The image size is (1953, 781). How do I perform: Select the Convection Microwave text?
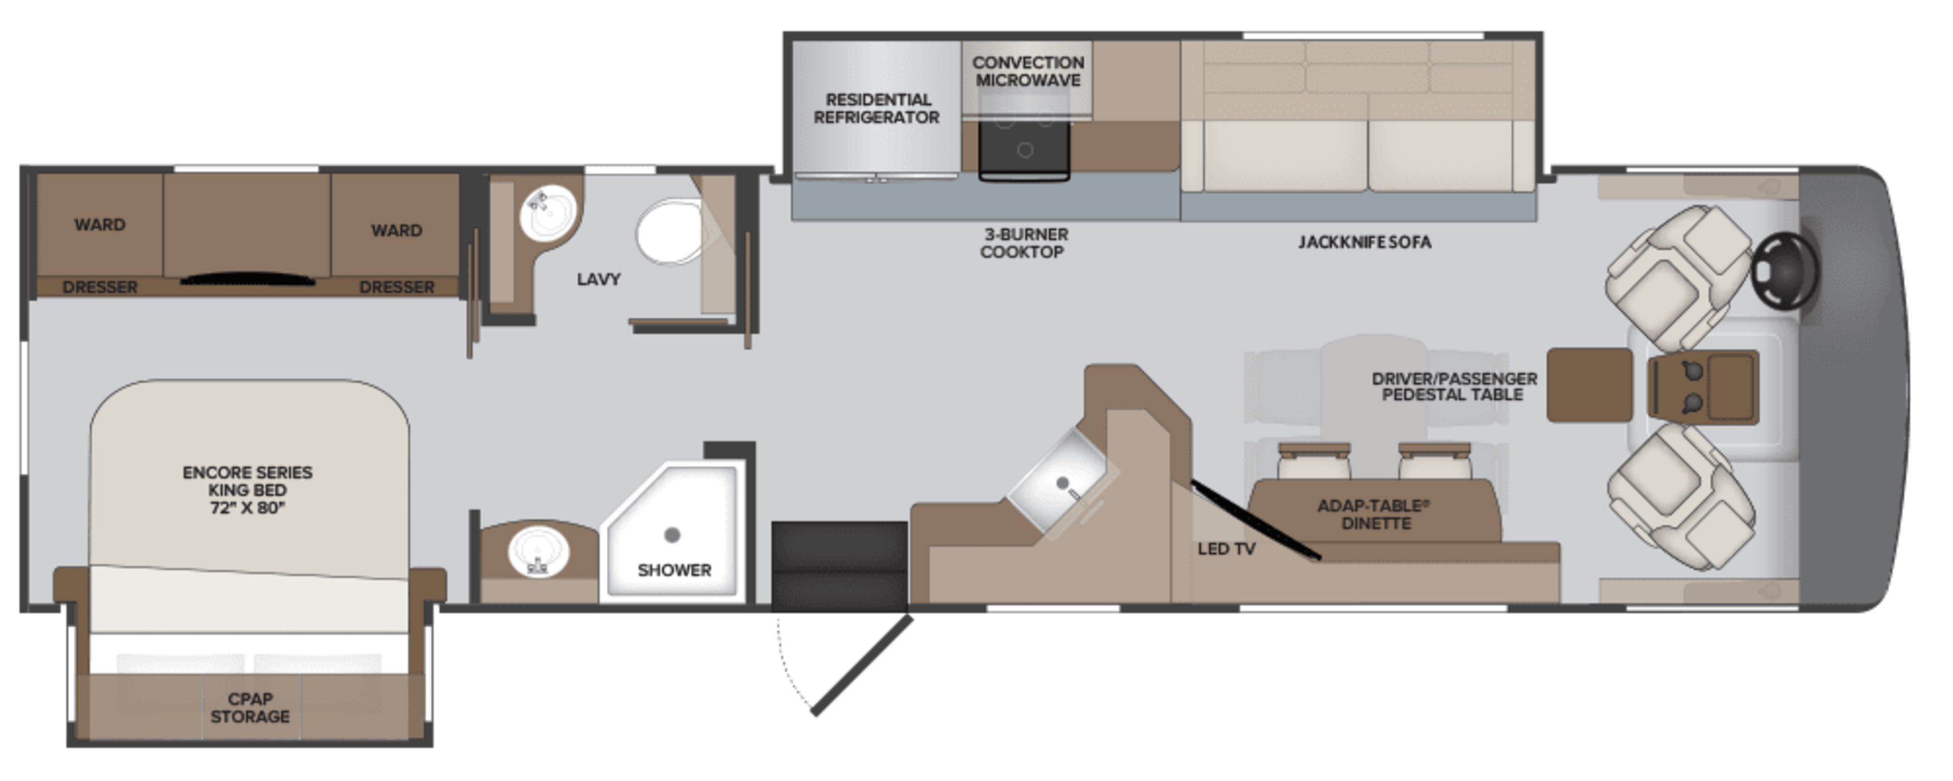click(x=1027, y=71)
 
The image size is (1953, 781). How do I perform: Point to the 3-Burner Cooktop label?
click(x=1023, y=243)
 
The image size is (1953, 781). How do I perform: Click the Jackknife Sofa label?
click(x=1364, y=242)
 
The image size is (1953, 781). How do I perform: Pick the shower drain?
click(x=672, y=535)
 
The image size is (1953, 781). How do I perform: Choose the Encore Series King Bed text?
click(x=248, y=490)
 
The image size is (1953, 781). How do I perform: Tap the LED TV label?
click(x=1226, y=548)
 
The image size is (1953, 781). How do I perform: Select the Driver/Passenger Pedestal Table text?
click(x=1454, y=386)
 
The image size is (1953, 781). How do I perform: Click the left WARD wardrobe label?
click(x=99, y=224)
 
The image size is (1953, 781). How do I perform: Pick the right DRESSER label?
click(x=397, y=287)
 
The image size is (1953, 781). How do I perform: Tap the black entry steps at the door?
click(x=839, y=565)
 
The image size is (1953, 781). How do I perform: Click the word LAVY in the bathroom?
click(x=598, y=279)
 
